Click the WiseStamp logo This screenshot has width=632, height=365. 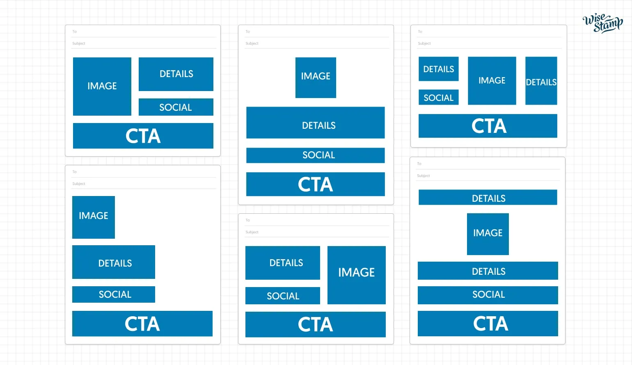pos(602,23)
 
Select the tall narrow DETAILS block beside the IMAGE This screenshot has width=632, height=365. pos(541,81)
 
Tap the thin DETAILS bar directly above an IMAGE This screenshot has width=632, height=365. pos(488,197)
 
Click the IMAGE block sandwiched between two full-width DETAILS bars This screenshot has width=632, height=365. pos(488,234)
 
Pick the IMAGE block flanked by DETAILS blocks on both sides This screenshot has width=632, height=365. pos(492,81)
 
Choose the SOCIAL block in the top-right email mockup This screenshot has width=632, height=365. pos(438,97)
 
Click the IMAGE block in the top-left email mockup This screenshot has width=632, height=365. pos(102,86)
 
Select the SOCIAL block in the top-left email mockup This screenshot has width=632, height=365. pos(176,107)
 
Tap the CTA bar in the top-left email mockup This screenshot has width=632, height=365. pos(143,136)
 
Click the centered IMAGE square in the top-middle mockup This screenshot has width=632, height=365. pos(316,78)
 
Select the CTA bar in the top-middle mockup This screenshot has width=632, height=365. pos(315,184)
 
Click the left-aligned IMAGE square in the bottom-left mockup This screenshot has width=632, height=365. pos(94,217)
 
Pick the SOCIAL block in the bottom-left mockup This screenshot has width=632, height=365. pos(114,294)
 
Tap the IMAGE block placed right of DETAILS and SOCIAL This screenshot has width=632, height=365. pos(356,275)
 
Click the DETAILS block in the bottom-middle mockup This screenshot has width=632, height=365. pos(282,263)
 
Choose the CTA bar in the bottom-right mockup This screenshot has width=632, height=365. pos(488,324)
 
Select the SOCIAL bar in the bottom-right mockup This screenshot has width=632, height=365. pos(488,295)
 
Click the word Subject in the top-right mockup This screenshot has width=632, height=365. pos(424,43)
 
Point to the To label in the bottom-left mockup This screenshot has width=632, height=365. pos(74,172)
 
